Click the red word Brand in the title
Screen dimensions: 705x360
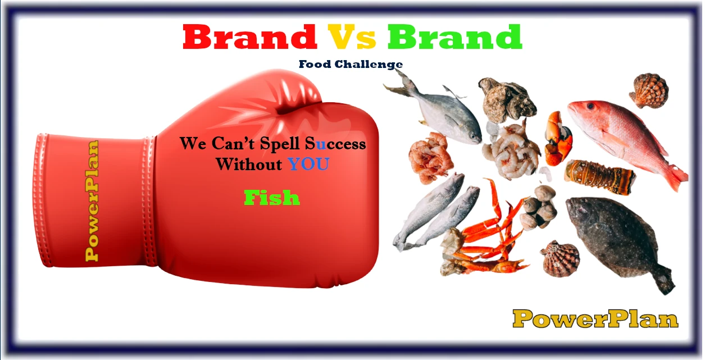click(249, 37)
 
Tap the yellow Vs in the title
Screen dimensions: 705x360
click(352, 37)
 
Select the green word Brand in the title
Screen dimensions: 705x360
click(454, 37)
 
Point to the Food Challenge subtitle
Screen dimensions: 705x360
click(351, 65)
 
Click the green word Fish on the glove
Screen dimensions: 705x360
click(272, 198)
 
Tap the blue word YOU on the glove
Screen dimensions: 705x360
click(308, 164)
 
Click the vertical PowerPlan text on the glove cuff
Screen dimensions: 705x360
click(92, 200)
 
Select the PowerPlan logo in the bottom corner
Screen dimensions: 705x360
click(595, 319)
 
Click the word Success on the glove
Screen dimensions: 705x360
click(335, 144)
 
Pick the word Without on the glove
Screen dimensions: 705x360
click(249, 164)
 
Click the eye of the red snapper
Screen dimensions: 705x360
click(590, 106)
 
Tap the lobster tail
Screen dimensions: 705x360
click(599, 177)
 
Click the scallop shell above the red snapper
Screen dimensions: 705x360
click(649, 90)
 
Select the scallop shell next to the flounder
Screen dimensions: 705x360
click(560, 259)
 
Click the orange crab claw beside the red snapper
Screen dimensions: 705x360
click(558, 139)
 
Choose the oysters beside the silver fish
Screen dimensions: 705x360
click(506, 100)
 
